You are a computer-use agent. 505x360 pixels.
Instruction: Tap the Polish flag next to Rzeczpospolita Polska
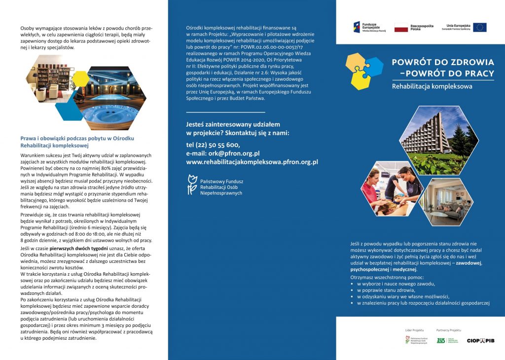pos(401,27)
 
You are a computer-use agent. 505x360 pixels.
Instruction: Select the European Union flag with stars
pos(479,27)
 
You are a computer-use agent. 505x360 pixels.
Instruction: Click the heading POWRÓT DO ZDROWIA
pos(442,63)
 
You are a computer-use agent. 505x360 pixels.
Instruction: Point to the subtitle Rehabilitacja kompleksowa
pos(432,86)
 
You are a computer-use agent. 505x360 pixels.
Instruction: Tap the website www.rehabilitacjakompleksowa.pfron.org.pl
pos(252,162)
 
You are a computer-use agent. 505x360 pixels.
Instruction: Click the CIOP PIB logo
pos(480,340)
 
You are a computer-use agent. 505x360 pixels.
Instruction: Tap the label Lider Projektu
pos(411,329)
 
